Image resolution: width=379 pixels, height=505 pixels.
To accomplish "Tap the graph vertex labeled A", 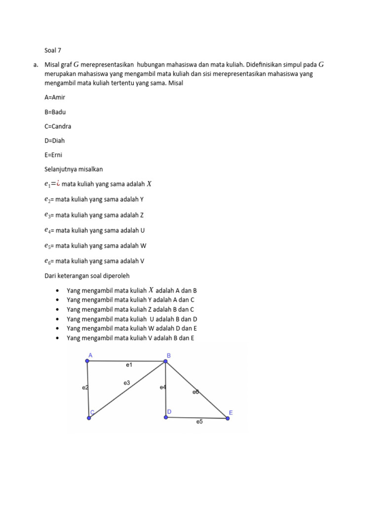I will [x=87, y=361].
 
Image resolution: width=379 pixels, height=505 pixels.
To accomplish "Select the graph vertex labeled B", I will [x=165, y=361].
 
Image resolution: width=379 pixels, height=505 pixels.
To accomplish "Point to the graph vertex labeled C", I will [x=89, y=418].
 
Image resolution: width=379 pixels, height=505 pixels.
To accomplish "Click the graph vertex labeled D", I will [x=165, y=417].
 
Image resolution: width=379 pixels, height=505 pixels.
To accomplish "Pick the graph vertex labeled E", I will [x=227, y=418].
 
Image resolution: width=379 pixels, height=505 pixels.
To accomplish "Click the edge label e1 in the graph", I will [x=129, y=365].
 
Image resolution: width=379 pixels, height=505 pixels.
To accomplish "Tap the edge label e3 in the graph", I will [x=127, y=382].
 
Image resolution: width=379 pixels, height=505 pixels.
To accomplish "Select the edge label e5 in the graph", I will [x=199, y=422].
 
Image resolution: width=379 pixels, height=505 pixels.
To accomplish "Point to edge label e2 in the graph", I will [x=85, y=388].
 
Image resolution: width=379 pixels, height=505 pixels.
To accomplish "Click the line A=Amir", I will [x=55, y=97].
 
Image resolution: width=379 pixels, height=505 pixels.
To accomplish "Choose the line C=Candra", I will [x=58, y=126].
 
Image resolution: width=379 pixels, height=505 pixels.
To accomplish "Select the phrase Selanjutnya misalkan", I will [x=74, y=169].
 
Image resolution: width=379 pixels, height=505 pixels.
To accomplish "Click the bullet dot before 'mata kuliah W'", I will [x=58, y=328].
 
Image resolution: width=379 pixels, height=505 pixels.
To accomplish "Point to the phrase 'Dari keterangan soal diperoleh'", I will [x=87, y=276].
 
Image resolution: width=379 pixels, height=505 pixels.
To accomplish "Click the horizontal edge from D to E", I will [x=196, y=418].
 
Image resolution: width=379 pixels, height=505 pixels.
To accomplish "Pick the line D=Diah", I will [x=55, y=141].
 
